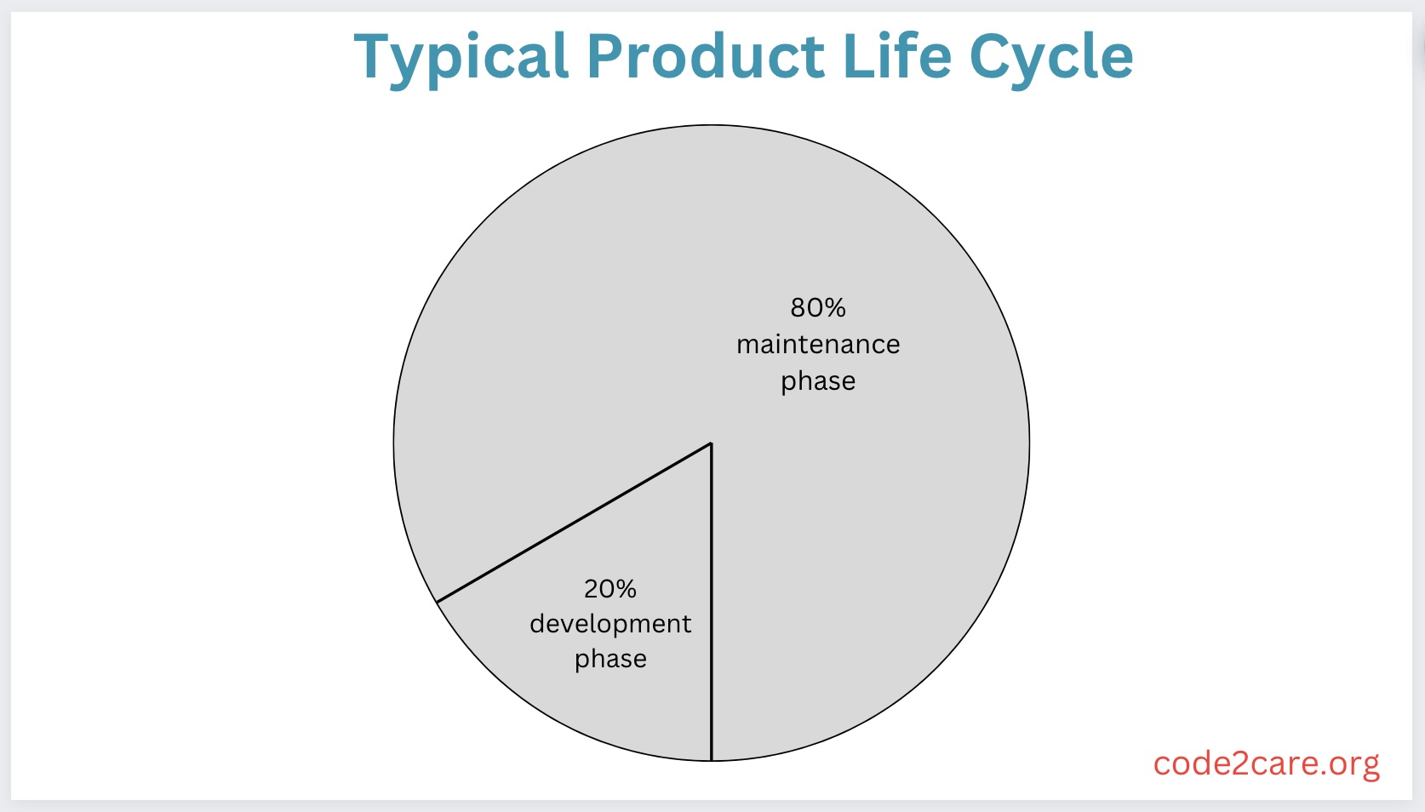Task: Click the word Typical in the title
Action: click(461, 58)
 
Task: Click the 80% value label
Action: click(817, 307)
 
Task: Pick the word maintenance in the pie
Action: click(817, 345)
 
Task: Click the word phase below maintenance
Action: click(817, 381)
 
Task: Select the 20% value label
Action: click(609, 588)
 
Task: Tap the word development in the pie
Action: click(609, 624)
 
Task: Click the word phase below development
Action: click(609, 660)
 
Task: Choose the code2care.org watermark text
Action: click(1265, 763)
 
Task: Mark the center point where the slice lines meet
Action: click(711, 443)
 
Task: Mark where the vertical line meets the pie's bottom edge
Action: click(711, 760)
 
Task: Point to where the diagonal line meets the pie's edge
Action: click(437, 602)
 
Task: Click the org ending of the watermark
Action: click(1354, 765)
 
